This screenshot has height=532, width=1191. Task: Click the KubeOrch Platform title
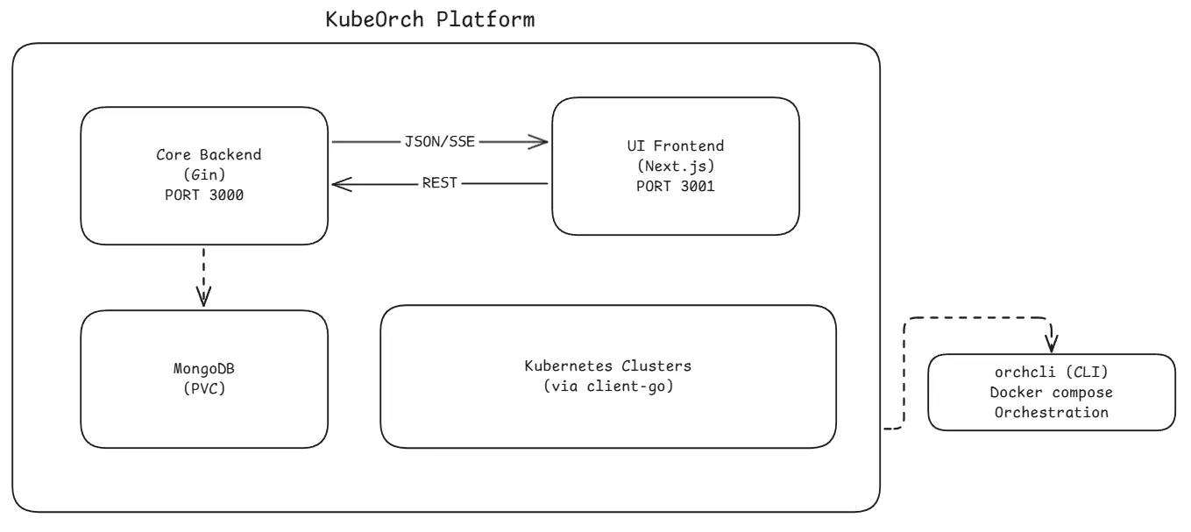click(429, 19)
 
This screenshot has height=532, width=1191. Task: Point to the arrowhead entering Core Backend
click(339, 184)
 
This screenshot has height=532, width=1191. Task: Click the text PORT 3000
click(203, 195)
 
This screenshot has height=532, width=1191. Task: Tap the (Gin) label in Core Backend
click(203, 175)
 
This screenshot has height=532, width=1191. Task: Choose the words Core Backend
click(203, 155)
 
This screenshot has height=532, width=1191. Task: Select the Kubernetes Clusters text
click(607, 365)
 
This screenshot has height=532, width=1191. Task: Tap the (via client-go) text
click(607, 386)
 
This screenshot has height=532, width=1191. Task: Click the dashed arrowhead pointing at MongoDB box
click(203, 296)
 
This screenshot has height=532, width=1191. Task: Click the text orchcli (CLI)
click(1051, 372)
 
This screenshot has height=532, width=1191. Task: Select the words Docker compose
click(1051, 392)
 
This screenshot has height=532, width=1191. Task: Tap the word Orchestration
click(1051, 412)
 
